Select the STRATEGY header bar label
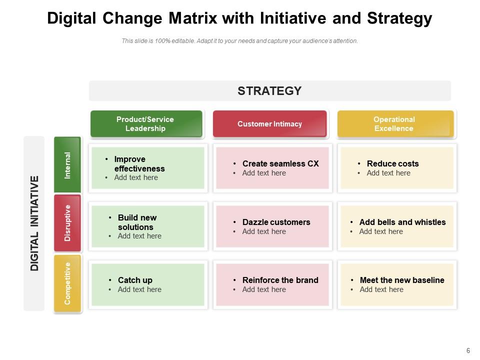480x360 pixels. point(269,90)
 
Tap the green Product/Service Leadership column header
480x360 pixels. point(146,124)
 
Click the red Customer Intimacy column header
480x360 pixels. point(269,124)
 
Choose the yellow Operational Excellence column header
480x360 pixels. point(394,124)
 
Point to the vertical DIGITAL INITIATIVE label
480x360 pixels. point(34,223)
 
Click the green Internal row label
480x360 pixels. point(67,165)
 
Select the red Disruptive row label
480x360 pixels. point(67,223)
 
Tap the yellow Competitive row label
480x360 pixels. point(67,283)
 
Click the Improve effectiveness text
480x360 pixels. point(139,164)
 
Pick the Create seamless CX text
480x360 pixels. point(280,163)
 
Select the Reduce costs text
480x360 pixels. point(392,163)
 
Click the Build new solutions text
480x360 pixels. point(137,222)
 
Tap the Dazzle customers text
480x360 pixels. point(276,222)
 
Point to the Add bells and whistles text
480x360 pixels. point(402,222)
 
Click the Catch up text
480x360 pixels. point(135,280)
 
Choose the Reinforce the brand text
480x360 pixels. point(280,280)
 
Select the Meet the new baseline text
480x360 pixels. point(402,280)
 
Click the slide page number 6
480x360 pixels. point(468,351)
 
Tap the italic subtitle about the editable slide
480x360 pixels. point(240,41)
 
